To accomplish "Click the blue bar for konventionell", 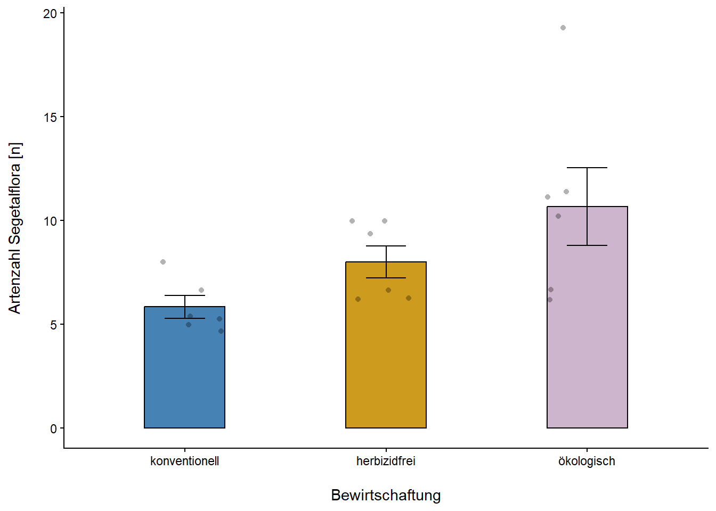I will pos(184,373).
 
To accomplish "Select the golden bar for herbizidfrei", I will pos(386,362).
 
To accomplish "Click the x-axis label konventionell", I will pos(184,461).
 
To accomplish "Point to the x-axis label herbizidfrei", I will pos(386,461).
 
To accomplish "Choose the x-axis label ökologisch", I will pos(587,461).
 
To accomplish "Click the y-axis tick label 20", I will pos(50,13).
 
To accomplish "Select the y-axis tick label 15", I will pos(50,117).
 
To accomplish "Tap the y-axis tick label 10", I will pos(50,221).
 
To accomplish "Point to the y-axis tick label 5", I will pos(53,325).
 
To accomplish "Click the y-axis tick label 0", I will pos(53,428).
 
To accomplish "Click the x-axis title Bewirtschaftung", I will pos(386,495).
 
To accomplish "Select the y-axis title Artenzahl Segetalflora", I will pos(15,228).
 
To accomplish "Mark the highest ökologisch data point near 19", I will pos(563,28).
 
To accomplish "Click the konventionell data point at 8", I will pos(163,262).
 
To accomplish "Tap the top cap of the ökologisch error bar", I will pos(587,168).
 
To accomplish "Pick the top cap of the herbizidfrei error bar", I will pos(386,246).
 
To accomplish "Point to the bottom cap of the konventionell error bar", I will pos(184,318).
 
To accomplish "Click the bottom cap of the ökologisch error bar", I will pos(587,245).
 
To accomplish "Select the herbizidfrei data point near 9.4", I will pos(370,234).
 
